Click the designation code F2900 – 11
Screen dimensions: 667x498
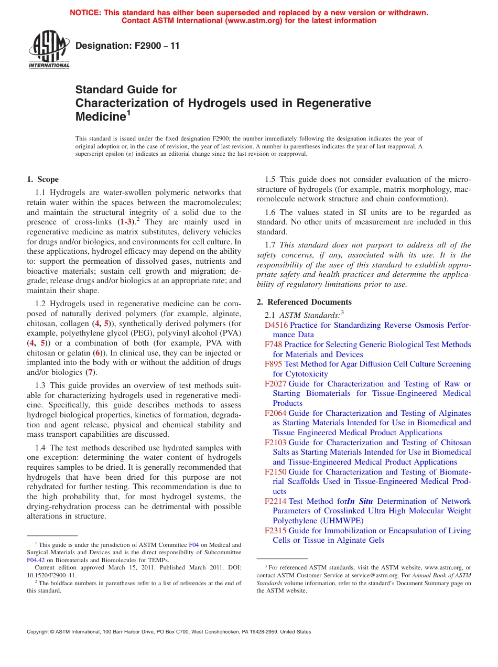[127, 46]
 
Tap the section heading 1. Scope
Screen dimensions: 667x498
[43, 179]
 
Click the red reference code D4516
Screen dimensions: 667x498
[276, 325]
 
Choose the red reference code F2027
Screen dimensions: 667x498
[276, 384]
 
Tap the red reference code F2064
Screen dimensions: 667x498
[276, 413]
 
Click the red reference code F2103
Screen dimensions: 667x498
[276, 443]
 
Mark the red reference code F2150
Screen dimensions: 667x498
[276, 472]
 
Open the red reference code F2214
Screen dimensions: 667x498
[276, 501]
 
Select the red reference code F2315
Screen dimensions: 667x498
[276, 531]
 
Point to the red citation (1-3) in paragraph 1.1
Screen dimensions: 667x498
[126, 222]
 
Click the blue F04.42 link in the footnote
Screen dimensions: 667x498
[36, 560]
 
